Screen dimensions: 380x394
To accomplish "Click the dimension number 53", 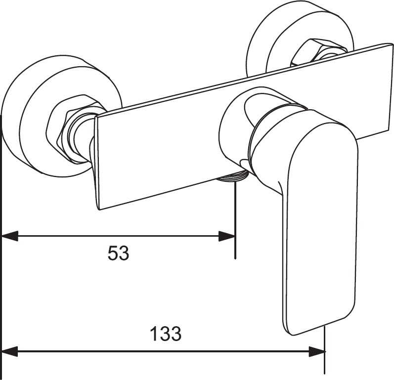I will coord(118,254).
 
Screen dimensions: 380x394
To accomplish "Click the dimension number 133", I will coord(166,335).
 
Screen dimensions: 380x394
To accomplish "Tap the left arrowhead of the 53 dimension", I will coord(10,236).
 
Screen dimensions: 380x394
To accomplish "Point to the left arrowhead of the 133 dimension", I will coord(10,352).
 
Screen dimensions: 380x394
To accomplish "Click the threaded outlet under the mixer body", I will coord(232,177).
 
